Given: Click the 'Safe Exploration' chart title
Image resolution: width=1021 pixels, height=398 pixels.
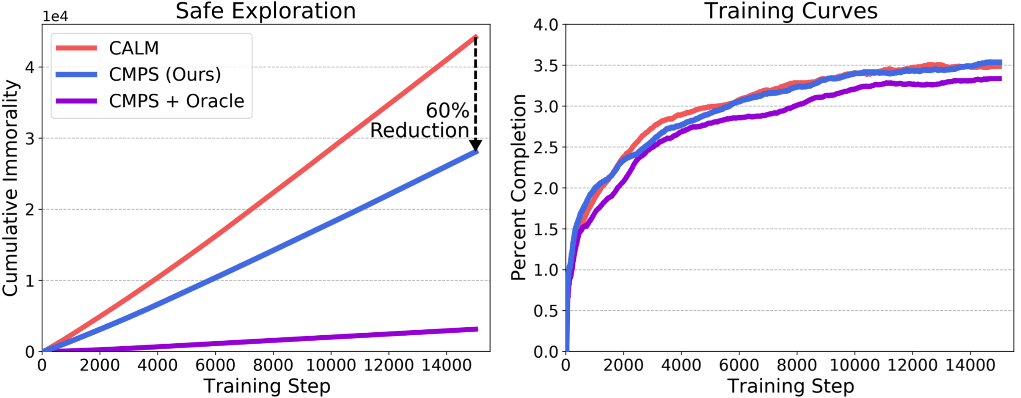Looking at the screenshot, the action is point(266,11).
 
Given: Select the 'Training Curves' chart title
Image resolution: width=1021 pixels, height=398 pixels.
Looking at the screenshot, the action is point(791,11).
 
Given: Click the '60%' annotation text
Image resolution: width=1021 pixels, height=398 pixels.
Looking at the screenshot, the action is point(447,111).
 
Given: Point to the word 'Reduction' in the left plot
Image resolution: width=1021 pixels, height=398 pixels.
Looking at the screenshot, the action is point(419,131).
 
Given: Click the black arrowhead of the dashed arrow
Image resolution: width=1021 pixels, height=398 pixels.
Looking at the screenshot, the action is point(476,145).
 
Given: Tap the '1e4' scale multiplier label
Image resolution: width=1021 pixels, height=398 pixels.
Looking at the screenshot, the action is point(55,16).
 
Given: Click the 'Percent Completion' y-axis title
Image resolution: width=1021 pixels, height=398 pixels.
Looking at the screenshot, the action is point(518,187).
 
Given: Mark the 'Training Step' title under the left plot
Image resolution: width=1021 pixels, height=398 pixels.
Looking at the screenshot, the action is point(267,386).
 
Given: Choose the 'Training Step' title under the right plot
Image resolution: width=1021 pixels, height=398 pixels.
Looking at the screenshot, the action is point(791,386).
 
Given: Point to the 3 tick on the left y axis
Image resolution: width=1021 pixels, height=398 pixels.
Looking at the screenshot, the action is point(30,138).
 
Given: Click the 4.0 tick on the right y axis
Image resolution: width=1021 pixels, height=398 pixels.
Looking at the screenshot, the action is point(546,24).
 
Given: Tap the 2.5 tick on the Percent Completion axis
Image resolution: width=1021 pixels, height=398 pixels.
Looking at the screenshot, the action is point(546,147).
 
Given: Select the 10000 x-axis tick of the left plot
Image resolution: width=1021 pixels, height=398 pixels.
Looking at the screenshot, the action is point(331,365).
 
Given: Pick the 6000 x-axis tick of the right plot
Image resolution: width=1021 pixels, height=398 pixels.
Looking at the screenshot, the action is point(739,365).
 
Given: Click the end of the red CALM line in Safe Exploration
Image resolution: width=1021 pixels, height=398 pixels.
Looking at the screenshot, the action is point(477,37).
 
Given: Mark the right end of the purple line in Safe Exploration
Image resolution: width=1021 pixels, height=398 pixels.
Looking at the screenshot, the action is point(478,329).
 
